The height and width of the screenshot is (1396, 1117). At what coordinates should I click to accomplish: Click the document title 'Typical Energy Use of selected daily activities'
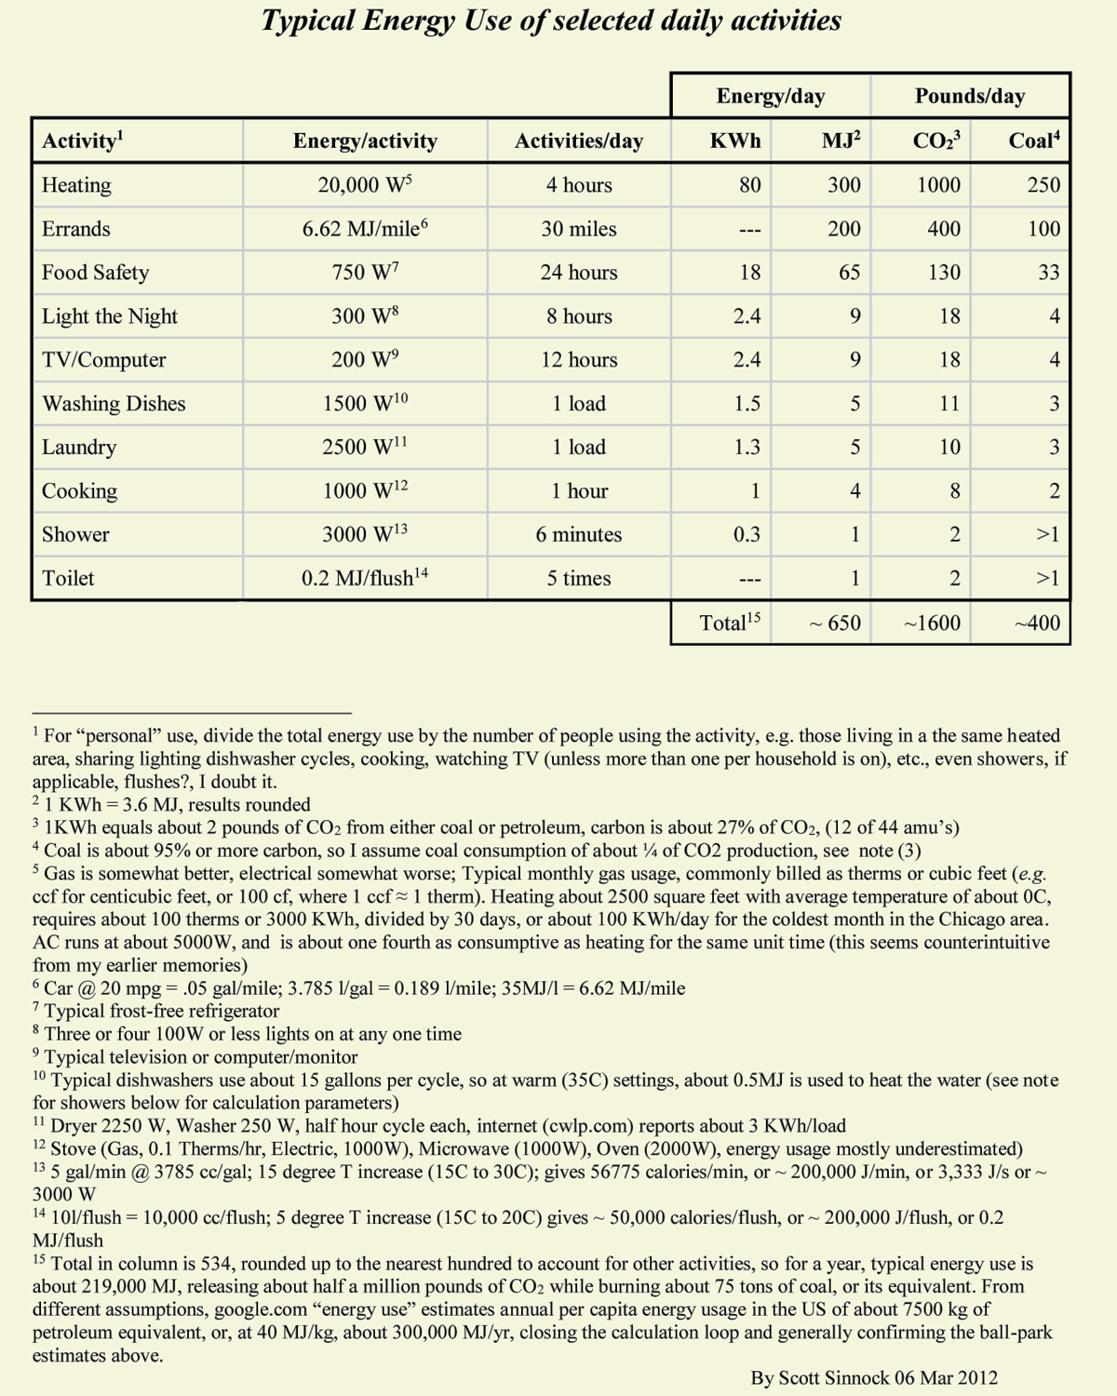point(551,21)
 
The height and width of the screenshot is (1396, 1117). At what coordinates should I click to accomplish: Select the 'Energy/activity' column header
point(364,141)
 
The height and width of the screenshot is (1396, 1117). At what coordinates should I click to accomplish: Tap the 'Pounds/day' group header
point(969,96)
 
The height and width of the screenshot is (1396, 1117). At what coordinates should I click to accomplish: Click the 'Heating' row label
point(76,185)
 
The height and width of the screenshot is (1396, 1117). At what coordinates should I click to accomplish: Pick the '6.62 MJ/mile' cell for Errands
point(364,229)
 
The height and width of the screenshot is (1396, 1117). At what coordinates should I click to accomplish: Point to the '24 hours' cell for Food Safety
point(578,273)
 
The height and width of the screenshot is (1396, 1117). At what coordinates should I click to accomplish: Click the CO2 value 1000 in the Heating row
point(938,185)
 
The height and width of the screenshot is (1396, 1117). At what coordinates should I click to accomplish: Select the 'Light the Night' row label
point(110,316)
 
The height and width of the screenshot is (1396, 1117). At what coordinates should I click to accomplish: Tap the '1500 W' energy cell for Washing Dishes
point(364,403)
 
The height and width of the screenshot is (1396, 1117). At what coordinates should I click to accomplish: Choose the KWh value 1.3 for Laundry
point(747,448)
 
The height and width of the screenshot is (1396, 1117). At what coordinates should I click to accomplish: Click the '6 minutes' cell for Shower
point(578,535)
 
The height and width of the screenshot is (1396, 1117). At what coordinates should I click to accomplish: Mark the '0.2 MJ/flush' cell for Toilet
point(364,578)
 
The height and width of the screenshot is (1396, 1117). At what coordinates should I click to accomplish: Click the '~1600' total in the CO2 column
point(932,624)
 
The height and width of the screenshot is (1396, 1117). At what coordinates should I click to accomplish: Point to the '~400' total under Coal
point(1037,624)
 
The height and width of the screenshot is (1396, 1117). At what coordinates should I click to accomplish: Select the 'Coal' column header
point(1033,141)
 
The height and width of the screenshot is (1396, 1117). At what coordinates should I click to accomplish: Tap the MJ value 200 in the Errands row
point(843,229)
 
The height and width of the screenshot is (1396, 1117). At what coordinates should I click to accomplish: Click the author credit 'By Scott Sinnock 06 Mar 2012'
point(874,1378)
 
